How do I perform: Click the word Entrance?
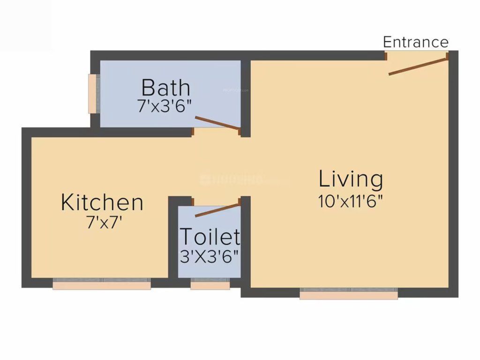(415, 42)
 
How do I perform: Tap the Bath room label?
(166, 88)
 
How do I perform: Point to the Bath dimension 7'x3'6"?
(165, 106)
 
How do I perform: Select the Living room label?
(351, 180)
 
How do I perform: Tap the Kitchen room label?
(102, 202)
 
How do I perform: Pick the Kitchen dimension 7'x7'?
(104, 223)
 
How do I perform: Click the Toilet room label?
(210, 237)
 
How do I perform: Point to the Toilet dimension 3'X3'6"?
(210, 256)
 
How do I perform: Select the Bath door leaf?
(217, 122)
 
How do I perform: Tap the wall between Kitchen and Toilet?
(173, 239)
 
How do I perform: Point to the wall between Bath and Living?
(246, 94)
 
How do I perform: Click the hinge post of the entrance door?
(447, 56)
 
